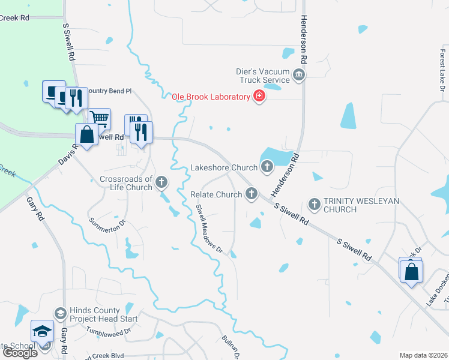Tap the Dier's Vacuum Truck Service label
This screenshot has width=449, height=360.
264,75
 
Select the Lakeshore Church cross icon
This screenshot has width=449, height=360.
267,167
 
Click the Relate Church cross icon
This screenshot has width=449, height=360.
252,194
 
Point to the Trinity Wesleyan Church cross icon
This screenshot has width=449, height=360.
314,203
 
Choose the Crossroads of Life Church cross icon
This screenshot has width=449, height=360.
161,182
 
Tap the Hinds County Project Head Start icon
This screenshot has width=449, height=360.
60,314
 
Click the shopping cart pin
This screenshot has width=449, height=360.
99,118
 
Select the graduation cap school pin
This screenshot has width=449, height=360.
43,331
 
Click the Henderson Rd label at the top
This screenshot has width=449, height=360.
304,40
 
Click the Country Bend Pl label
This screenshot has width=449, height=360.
109,91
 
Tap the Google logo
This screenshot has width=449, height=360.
20,353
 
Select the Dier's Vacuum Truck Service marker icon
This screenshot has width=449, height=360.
300,75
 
